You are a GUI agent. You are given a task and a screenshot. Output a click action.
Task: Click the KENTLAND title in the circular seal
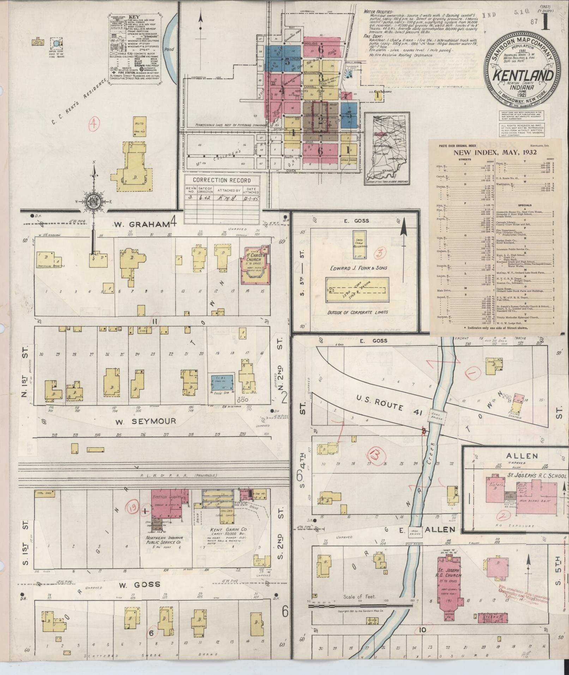click(x=523, y=76)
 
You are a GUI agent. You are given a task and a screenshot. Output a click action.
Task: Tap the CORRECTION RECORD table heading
click(x=222, y=180)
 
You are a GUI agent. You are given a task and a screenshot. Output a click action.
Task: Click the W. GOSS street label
click(x=140, y=585)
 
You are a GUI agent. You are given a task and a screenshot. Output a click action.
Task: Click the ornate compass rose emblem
click(x=94, y=202)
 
